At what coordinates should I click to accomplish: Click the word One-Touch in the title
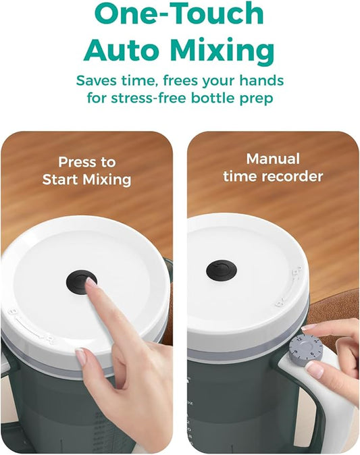pos(179,14)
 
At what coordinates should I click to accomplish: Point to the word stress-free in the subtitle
pos(149,98)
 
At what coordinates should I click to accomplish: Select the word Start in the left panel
pos(61,180)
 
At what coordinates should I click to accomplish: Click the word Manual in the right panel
pos(273,159)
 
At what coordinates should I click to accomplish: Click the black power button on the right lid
pos(222,271)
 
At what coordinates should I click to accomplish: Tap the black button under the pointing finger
pos(80,282)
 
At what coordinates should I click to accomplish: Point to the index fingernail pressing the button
pos(91,282)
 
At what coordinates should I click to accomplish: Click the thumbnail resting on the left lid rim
pos(81,356)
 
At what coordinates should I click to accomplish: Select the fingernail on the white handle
pos(315,369)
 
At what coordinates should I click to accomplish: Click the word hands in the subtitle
pos(261,80)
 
